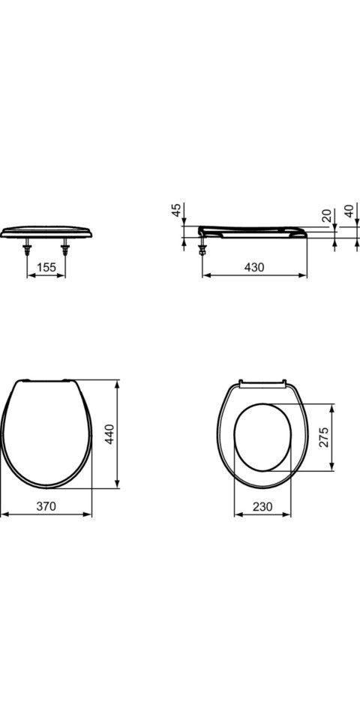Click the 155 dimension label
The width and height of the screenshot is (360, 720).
coord(46,266)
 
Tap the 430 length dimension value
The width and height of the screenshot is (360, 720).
coord(253,266)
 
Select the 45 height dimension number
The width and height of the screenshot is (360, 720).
coord(176,211)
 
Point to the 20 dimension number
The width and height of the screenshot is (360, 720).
coord(325,216)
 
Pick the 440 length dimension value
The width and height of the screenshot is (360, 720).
coord(109,433)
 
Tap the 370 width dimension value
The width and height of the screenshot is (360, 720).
coord(46,506)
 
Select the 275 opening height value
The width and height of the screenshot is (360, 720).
coord(324,438)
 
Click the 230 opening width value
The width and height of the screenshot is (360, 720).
coord(262,506)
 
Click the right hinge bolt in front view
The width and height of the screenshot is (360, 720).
coord(65,247)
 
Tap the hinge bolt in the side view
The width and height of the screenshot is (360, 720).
coord(202,245)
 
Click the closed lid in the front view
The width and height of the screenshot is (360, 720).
coord(46,231)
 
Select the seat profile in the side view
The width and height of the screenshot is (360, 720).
coord(255,230)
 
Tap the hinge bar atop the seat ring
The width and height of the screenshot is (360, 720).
coord(262,383)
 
